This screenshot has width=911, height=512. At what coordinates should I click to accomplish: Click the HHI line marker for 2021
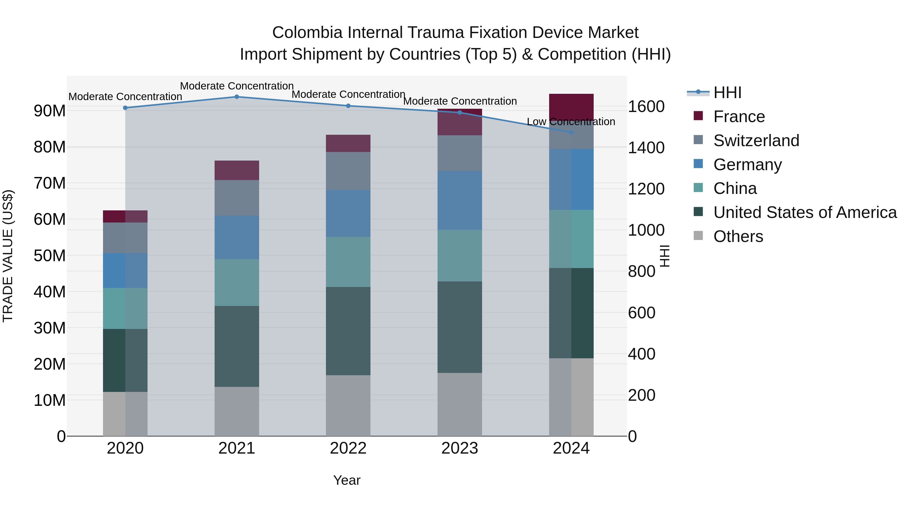[x=237, y=97]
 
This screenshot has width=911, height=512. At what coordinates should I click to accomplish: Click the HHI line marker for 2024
[x=571, y=132]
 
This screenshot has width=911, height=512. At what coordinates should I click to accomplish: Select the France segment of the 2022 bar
[x=348, y=143]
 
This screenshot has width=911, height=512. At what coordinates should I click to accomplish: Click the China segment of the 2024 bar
[x=571, y=239]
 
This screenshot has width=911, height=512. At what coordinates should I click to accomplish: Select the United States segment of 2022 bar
[x=348, y=331]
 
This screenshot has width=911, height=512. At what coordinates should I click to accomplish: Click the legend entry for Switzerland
[x=756, y=141]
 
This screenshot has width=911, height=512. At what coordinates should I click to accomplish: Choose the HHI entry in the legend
[x=727, y=93]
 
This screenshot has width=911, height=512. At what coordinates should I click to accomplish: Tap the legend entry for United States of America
[x=805, y=212]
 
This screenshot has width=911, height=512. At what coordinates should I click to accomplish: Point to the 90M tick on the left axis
[x=50, y=110]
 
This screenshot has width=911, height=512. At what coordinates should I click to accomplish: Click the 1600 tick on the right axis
[x=646, y=106]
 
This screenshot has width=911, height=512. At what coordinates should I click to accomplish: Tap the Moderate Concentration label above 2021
[x=237, y=86]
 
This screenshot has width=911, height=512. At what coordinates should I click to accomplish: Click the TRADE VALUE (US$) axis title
[x=8, y=256]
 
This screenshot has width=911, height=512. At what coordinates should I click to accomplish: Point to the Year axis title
[x=347, y=480]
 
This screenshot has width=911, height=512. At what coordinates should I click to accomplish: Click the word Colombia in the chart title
[x=307, y=33]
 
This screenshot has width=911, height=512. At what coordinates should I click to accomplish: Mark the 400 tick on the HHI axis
[x=641, y=354]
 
